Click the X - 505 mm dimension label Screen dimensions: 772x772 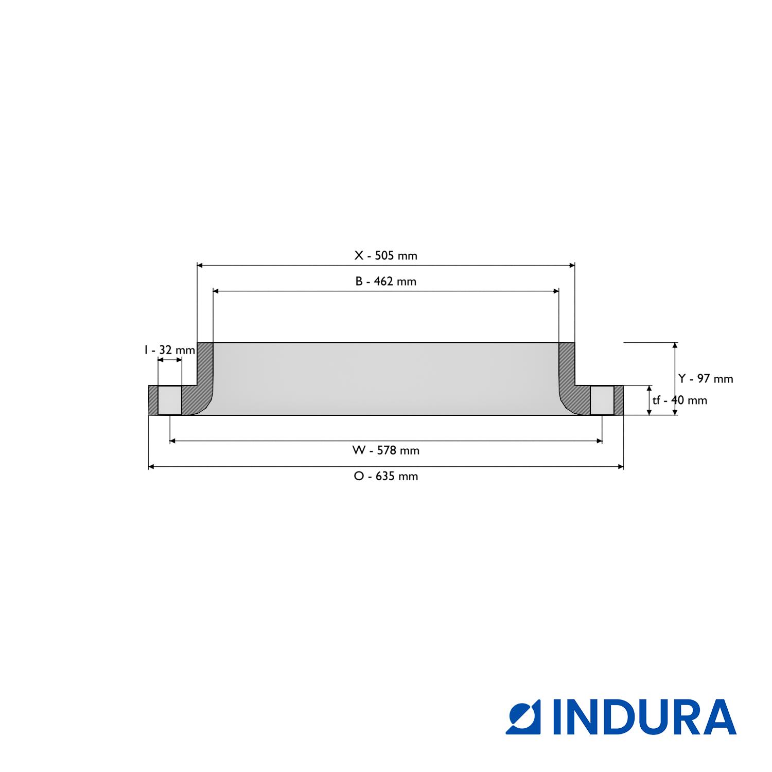(385, 256)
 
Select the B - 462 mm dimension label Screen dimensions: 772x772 (385, 282)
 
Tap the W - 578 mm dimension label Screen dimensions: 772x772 (385, 451)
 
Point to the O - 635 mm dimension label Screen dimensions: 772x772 (385, 477)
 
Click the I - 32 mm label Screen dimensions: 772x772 (169, 350)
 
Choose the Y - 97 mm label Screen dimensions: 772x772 (705, 379)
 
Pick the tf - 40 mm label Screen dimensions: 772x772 (679, 400)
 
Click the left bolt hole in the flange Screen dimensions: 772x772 (169, 400)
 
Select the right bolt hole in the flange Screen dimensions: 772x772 (602, 400)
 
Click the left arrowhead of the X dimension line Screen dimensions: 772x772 (200, 266)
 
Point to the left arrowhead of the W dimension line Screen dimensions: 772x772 (172, 441)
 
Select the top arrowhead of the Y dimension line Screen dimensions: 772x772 (675, 345)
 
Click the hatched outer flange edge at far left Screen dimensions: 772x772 (153, 400)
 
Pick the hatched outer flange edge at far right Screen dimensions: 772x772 (619, 400)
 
